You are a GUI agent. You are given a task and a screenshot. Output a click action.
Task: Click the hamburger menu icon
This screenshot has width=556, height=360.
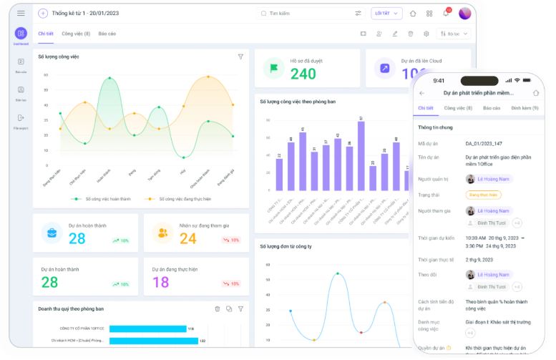(x=21, y=13)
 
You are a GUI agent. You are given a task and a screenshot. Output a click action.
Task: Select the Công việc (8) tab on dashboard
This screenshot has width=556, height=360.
(x=76, y=34)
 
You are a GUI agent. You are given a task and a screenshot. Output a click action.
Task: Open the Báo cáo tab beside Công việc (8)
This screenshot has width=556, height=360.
(x=107, y=34)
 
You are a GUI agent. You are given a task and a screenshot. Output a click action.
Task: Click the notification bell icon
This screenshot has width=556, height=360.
(x=446, y=13)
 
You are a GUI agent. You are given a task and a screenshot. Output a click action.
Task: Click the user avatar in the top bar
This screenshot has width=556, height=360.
(x=465, y=13)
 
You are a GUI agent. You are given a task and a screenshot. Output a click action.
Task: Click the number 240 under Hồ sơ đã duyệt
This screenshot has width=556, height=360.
(x=303, y=73)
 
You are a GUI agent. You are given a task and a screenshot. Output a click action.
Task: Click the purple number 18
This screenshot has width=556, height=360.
(x=161, y=282)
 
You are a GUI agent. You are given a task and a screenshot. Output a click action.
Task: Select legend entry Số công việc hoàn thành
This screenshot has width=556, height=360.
(x=104, y=199)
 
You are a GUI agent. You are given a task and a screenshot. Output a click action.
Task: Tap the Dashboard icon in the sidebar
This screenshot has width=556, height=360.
(x=21, y=34)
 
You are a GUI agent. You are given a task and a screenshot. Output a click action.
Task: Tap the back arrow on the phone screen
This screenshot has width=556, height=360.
(x=422, y=93)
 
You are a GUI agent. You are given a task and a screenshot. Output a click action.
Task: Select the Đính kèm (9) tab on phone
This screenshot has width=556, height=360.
(x=525, y=108)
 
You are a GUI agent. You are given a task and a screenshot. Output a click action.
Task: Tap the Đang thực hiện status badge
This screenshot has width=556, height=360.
(x=484, y=195)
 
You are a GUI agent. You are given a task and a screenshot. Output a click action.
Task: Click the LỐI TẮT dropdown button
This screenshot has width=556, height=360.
(x=384, y=13)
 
